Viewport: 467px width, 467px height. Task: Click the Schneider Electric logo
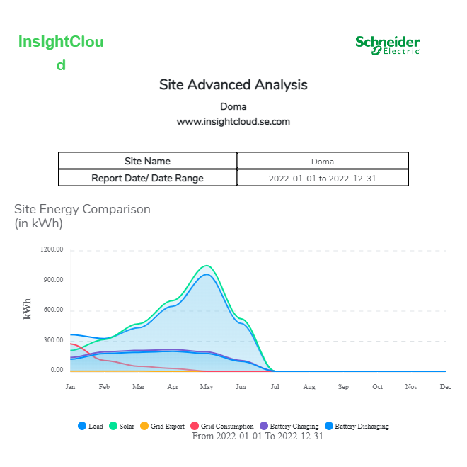coord(388,45)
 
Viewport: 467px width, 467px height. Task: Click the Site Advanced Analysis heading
coord(233,85)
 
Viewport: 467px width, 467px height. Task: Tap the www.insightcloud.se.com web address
coord(233,121)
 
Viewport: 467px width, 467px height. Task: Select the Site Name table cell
coord(147,161)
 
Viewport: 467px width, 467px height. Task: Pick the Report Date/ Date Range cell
coord(147,178)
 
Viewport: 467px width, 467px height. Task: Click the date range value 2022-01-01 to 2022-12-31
coord(323,178)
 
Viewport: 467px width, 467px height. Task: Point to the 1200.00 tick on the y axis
coord(52,249)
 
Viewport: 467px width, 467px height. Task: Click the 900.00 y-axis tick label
coord(53,280)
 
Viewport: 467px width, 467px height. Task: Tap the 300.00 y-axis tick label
coord(53,340)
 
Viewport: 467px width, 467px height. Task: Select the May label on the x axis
coord(207,387)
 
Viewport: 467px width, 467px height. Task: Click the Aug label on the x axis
coord(309,387)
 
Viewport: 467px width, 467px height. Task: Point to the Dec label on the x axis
coord(446,387)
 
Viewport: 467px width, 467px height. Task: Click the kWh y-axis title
coord(28,310)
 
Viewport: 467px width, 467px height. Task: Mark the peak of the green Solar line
coord(207,266)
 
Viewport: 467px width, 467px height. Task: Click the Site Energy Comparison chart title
coord(82,209)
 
